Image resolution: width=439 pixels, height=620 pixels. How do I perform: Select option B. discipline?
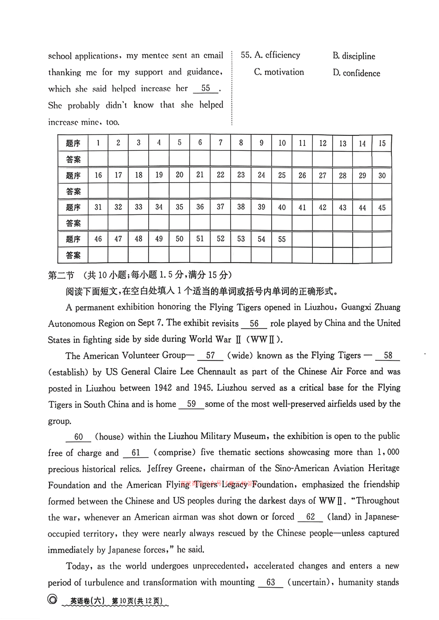354,56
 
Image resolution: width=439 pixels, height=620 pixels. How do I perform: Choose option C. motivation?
279,72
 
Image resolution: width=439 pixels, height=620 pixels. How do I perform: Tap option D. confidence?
356,73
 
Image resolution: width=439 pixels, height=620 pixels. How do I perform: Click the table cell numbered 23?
241,175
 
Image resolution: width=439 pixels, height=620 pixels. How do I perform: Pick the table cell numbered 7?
220,143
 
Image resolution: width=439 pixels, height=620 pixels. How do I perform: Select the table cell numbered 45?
381,207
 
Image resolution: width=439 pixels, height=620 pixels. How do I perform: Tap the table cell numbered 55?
282,239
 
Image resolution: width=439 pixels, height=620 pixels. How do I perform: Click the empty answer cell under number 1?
98,159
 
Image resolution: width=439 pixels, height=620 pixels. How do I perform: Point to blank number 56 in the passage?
254,324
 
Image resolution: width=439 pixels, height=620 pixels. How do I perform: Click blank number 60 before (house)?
78,437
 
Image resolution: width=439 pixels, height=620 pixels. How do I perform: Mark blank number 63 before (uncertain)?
270,582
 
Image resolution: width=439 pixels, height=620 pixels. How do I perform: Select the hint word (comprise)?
174,452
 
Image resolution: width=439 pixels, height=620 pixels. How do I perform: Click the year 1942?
163,388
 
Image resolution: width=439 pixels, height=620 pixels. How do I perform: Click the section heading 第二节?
61,275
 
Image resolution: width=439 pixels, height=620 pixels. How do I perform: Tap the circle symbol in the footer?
52,600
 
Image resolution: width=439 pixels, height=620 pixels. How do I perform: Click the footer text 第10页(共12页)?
137,601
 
